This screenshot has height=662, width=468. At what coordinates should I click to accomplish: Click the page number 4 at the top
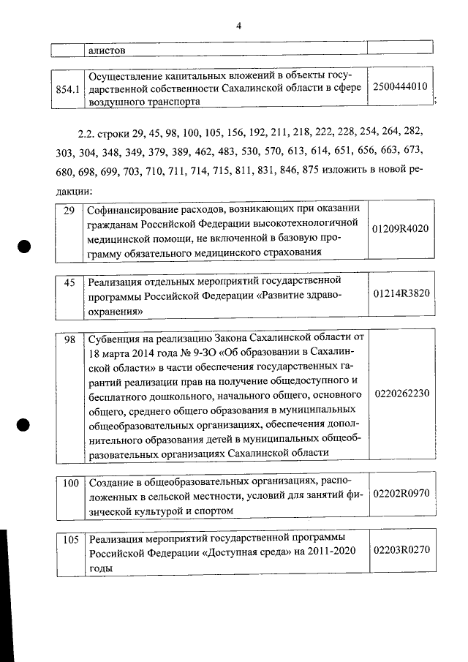pos(238,26)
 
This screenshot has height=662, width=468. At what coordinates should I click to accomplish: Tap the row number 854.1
pos(67,89)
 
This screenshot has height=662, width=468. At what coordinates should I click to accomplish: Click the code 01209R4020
pos(400,228)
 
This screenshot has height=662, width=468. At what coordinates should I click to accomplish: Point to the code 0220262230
pos(401,394)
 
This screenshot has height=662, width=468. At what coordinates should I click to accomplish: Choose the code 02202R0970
pos(400,495)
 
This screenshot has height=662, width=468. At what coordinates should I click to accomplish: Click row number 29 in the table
pos(69,211)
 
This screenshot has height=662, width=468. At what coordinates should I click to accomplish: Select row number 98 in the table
pos(70,339)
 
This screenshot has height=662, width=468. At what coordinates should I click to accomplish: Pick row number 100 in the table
pos(70,483)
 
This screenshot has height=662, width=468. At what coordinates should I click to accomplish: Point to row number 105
pos(70,540)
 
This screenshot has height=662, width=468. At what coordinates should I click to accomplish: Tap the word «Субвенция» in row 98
pos(114,339)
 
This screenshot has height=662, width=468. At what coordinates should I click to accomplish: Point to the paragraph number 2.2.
pos(86,135)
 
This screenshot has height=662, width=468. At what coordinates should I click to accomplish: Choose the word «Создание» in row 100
pos(110,483)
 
